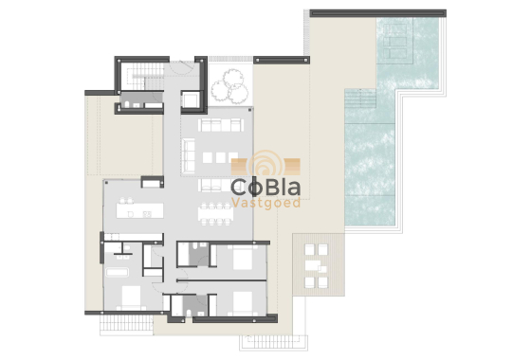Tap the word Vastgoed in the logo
[265, 204]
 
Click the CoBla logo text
[265, 185]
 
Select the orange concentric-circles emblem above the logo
[265, 165]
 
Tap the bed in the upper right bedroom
[236, 257]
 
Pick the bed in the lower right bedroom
[241, 302]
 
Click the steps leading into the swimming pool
[359, 100]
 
